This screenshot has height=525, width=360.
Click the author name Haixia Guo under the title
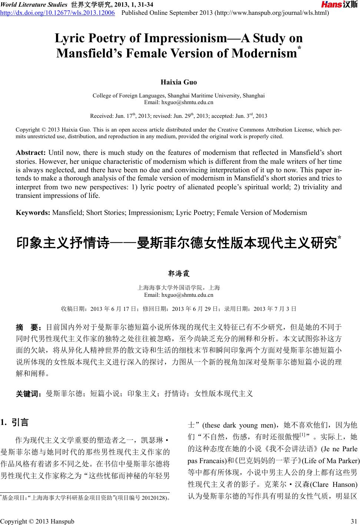tap(178, 82)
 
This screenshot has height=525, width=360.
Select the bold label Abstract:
tap(30, 153)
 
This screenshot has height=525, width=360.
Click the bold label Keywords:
tap(33, 212)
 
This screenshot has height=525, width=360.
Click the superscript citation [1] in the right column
tap(302, 434)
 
